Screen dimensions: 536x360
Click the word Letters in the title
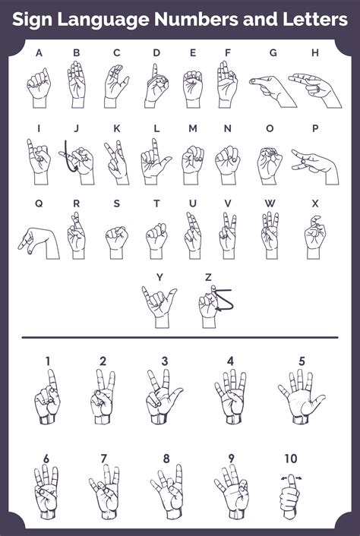[309, 20]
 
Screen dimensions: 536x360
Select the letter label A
[39, 52]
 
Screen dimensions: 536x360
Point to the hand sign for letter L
[155, 161]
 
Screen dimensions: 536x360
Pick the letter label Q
[39, 203]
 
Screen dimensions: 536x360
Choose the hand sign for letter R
[77, 235]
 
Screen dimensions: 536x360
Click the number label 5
[302, 361]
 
